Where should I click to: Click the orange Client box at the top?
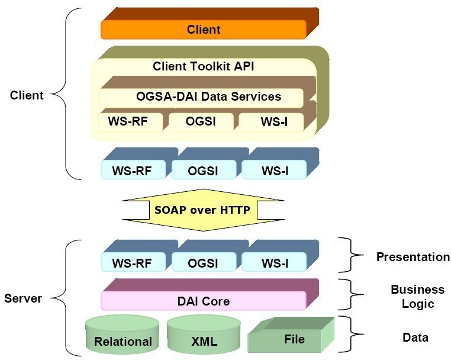point(204,29)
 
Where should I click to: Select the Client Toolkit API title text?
point(204,66)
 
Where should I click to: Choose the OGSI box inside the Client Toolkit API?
point(201,122)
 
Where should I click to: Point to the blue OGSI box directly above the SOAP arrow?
point(204,171)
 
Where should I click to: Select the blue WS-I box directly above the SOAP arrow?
point(274,171)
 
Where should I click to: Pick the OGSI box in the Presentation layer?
point(204,262)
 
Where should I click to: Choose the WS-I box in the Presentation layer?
point(274,262)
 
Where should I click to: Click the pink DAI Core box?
point(204,301)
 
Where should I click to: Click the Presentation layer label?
point(413,257)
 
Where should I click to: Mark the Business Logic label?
point(417,297)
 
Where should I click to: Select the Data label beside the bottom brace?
point(415,337)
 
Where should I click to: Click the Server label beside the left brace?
point(22,298)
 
